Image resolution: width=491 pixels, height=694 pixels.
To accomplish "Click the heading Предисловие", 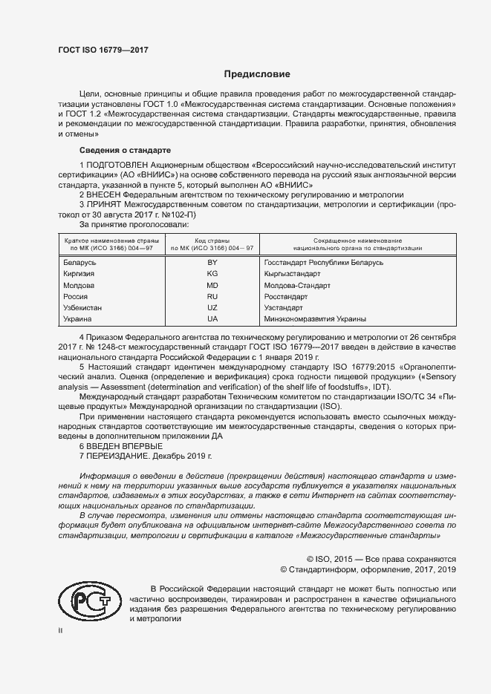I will (257, 74).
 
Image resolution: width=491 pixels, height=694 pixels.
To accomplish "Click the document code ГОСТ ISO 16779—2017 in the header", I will (103, 50).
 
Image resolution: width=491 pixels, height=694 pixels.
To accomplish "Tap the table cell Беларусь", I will (80, 263).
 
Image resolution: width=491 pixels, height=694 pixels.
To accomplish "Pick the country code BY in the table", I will (212, 263).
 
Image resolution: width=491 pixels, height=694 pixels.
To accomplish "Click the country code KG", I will (212, 274).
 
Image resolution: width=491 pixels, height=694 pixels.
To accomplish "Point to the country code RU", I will (212, 296).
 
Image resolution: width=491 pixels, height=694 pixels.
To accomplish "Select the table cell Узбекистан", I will (83, 307).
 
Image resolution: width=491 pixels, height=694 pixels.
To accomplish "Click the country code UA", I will (212, 318).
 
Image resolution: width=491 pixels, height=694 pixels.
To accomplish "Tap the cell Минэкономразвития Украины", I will (315, 318).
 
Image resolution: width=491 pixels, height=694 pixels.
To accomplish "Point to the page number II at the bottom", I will (62, 630).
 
